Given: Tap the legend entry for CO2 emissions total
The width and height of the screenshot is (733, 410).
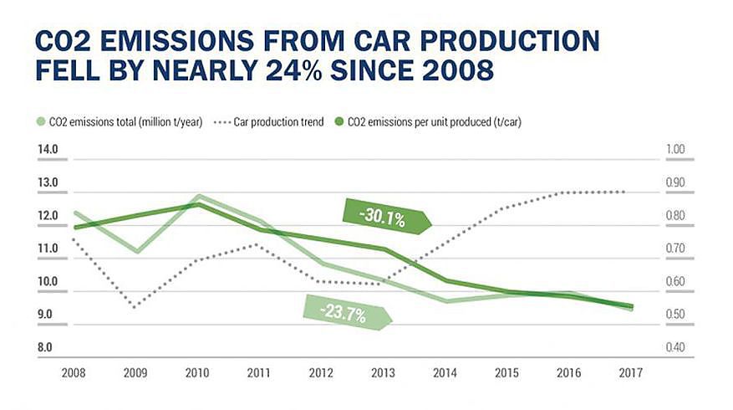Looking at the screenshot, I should tap(122, 122).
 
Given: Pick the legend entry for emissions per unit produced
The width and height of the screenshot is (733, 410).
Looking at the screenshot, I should tap(435, 122).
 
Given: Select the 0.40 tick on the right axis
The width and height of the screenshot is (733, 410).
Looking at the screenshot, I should tap(674, 347).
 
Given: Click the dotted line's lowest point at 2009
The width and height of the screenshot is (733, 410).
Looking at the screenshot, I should tap(135, 307).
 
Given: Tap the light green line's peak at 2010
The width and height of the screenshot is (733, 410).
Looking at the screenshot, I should tap(197, 196).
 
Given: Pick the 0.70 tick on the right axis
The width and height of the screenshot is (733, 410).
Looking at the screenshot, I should tap(674, 249).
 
